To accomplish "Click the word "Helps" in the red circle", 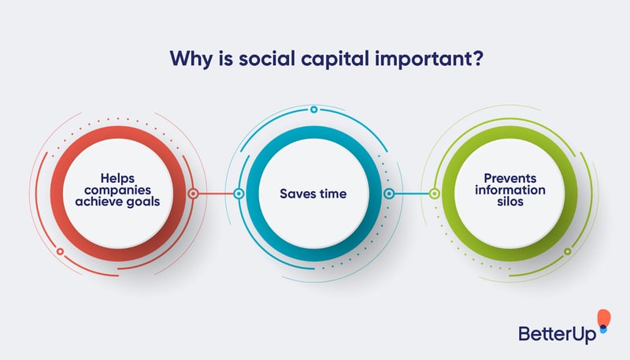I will coord(118,177).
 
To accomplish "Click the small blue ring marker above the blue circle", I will coord(313,109).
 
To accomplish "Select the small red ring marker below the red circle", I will coord(61,252).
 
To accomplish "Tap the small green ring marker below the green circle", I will coord(567,251).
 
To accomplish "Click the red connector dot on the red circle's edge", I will coord(194,193).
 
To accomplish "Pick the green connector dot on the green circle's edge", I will coord(435,193).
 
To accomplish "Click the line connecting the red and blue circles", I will coord(217,193).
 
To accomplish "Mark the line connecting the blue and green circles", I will coord(411,193).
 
